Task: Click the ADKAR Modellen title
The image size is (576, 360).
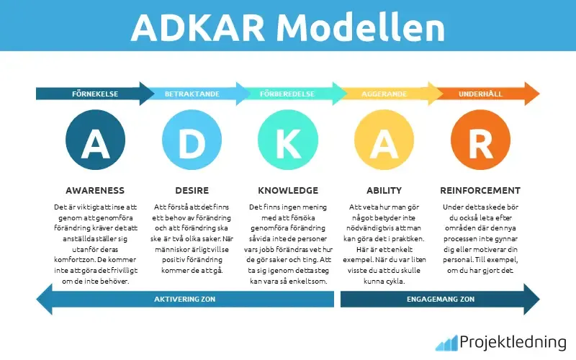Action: [x=288, y=27]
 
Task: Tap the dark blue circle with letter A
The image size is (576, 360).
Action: [x=95, y=142]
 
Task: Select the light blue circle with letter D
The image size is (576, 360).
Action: [x=192, y=142]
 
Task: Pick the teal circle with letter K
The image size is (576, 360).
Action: [x=288, y=142]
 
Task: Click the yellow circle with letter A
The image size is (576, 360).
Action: [x=384, y=142]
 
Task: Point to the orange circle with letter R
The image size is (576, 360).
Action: [x=480, y=142]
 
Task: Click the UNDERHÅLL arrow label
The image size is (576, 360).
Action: [x=480, y=94]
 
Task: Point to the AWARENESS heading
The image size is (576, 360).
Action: [x=95, y=191]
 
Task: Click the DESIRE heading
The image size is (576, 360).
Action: [x=192, y=191]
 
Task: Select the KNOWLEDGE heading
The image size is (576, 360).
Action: [x=288, y=191]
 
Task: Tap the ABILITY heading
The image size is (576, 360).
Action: [x=384, y=191]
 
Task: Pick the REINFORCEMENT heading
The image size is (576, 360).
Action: [x=480, y=191]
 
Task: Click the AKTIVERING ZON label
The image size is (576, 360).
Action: [x=186, y=299]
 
